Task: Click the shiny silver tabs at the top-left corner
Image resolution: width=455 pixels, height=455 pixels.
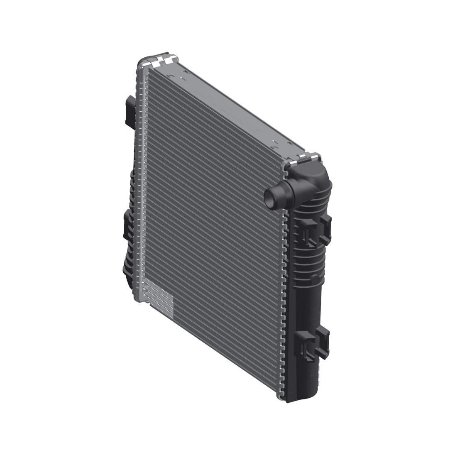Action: pos(160,61)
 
